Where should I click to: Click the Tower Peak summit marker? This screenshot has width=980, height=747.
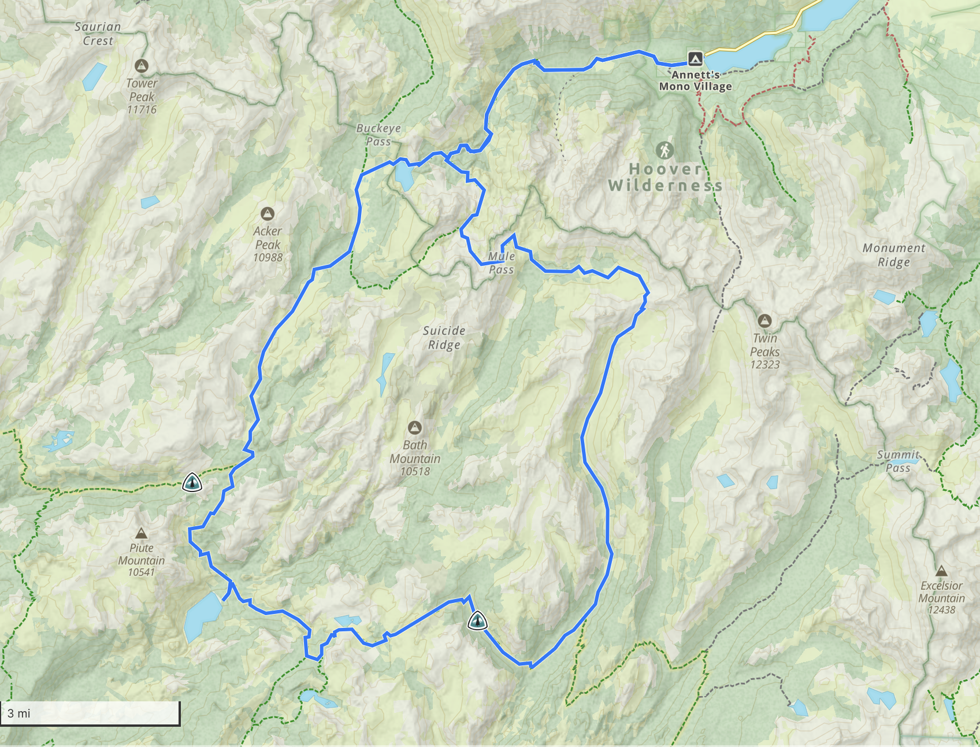142,65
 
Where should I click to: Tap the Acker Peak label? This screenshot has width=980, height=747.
268,238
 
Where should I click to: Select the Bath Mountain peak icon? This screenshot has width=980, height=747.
414,428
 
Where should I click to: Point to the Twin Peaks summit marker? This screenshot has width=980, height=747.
764,320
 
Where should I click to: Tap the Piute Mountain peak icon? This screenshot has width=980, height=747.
141,533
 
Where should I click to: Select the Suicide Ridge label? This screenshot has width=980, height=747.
444,338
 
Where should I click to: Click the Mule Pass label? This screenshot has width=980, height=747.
501,263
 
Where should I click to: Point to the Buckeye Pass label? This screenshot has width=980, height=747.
378,135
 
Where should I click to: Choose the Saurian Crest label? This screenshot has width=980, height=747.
98,34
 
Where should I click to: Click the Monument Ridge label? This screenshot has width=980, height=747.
894,255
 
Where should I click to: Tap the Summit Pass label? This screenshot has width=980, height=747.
898,461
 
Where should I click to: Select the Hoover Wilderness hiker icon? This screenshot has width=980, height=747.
665,150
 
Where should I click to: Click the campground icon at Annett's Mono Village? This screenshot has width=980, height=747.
695,58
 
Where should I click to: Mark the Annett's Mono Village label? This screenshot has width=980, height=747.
696,81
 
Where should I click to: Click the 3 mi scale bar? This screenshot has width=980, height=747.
91,713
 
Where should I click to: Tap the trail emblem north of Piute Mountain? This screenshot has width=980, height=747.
192,482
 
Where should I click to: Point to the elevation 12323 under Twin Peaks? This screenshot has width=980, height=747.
764,365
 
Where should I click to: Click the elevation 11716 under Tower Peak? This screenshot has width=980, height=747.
142,110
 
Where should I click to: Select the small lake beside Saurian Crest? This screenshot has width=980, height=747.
94,76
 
